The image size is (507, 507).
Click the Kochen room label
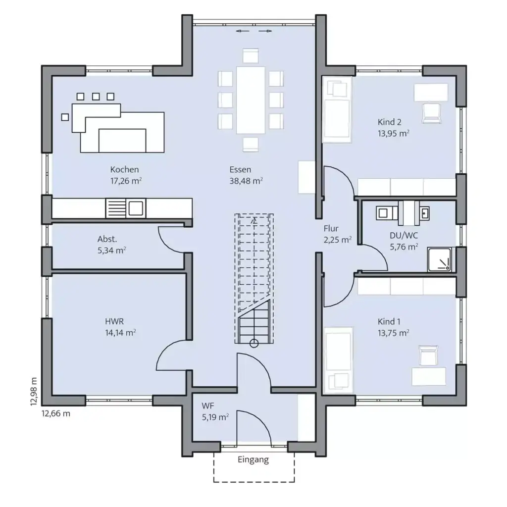coord(124,169)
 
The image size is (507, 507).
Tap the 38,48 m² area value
coord(246,181)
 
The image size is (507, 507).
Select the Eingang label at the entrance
coord(253,460)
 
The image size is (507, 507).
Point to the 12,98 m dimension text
coord(34,391)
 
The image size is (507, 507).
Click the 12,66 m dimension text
coord(55,413)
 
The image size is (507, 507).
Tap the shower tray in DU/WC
coord(440,259)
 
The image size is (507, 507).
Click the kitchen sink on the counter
coord(136,208)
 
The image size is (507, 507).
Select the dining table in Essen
coord(251,100)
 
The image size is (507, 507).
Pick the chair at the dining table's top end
coord(251,55)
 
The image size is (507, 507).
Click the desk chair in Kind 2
coord(432,113)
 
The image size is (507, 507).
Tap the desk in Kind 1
coord(429,376)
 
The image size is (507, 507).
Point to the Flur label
coord(331,229)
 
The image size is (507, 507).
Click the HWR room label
coord(114,321)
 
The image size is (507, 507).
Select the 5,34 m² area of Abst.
coord(111,250)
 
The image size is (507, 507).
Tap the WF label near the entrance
coord(208,406)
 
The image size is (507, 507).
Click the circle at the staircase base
coord(254,344)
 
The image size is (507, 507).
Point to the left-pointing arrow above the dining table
coord(243,31)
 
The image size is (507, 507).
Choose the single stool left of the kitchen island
coord(65,117)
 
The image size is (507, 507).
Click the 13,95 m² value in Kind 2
coord(394,134)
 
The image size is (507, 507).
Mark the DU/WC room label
coord(404,235)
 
